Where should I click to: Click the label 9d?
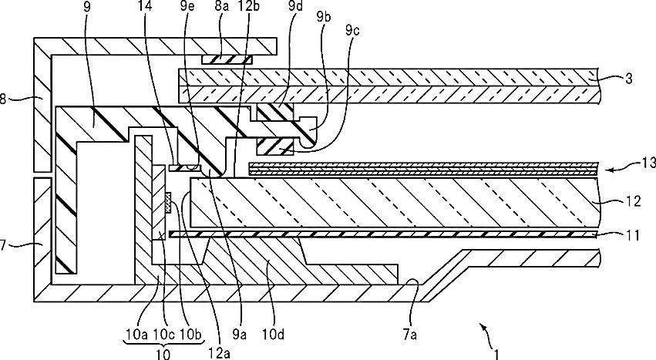pyautogui.click(x=294, y=8)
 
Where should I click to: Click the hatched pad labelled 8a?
pyautogui.click(x=227, y=58)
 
